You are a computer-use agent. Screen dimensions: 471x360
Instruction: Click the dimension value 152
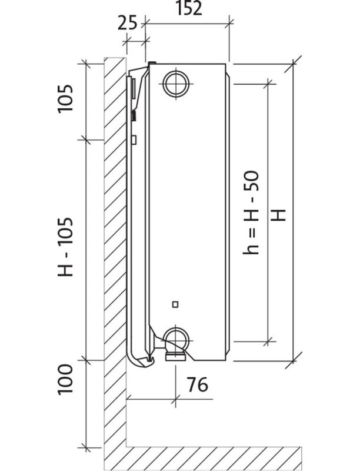pyautogui.click(x=188, y=9)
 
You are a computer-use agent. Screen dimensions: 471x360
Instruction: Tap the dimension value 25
pyautogui.click(x=127, y=23)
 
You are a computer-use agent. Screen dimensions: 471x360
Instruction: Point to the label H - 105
pyautogui.click(x=66, y=247)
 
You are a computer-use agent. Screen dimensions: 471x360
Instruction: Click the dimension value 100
pyautogui.click(x=66, y=379)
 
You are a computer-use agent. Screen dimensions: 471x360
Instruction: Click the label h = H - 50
pyautogui.click(x=252, y=213)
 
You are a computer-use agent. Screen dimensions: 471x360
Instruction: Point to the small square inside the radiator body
pyautogui.click(x=175, y=304)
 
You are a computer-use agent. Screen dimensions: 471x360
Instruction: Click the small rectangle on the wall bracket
pyautogui.click(x=134, y=140)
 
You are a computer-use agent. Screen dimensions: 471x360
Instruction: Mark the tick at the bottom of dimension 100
pyautogui.click(x=86, y=447)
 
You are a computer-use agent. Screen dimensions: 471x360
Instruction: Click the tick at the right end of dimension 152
pyautogui.click(x=230, y=24)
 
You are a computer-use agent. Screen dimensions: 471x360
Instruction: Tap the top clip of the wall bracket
pyautogui.click(x=152, y=64)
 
